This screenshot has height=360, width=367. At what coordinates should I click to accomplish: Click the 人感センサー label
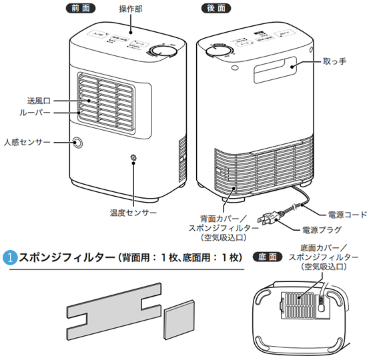pyautogui.click(x=27, y=142)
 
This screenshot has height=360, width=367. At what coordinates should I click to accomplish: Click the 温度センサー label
pyautogui.click(x=133, y=213)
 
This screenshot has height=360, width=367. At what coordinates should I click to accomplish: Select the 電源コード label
pyautogui.click(x=346, y=215)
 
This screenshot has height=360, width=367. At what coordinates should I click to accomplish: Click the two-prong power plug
pyautogui.click(x=270, y=217)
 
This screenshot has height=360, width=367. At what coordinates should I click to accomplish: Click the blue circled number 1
pyautogui.click(x=9, y=257)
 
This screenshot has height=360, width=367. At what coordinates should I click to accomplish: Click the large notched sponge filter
pyautogui.click(x=114, y=300)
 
